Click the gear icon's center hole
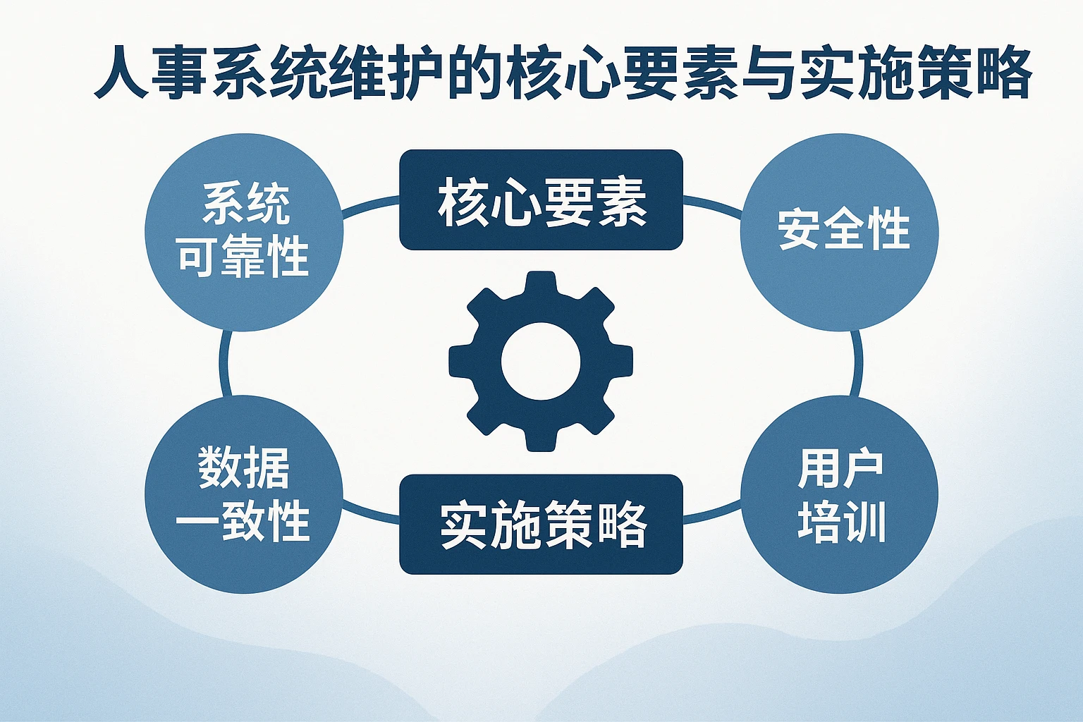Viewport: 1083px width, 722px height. (541, 361)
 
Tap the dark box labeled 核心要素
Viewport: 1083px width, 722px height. (541, 200)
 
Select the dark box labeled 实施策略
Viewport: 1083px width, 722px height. (541, 524)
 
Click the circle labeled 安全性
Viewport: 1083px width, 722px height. (839, 232)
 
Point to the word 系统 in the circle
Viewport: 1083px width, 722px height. (245, 204)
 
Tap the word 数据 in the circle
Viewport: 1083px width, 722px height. (244, 468)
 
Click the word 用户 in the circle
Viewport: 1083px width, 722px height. (840, 469)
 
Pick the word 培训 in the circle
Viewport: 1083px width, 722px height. (841, 522)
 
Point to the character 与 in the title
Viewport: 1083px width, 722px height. (767, 73)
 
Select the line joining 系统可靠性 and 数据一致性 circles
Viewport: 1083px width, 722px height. (224, 364)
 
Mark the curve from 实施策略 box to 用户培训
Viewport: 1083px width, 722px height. (712, 515)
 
